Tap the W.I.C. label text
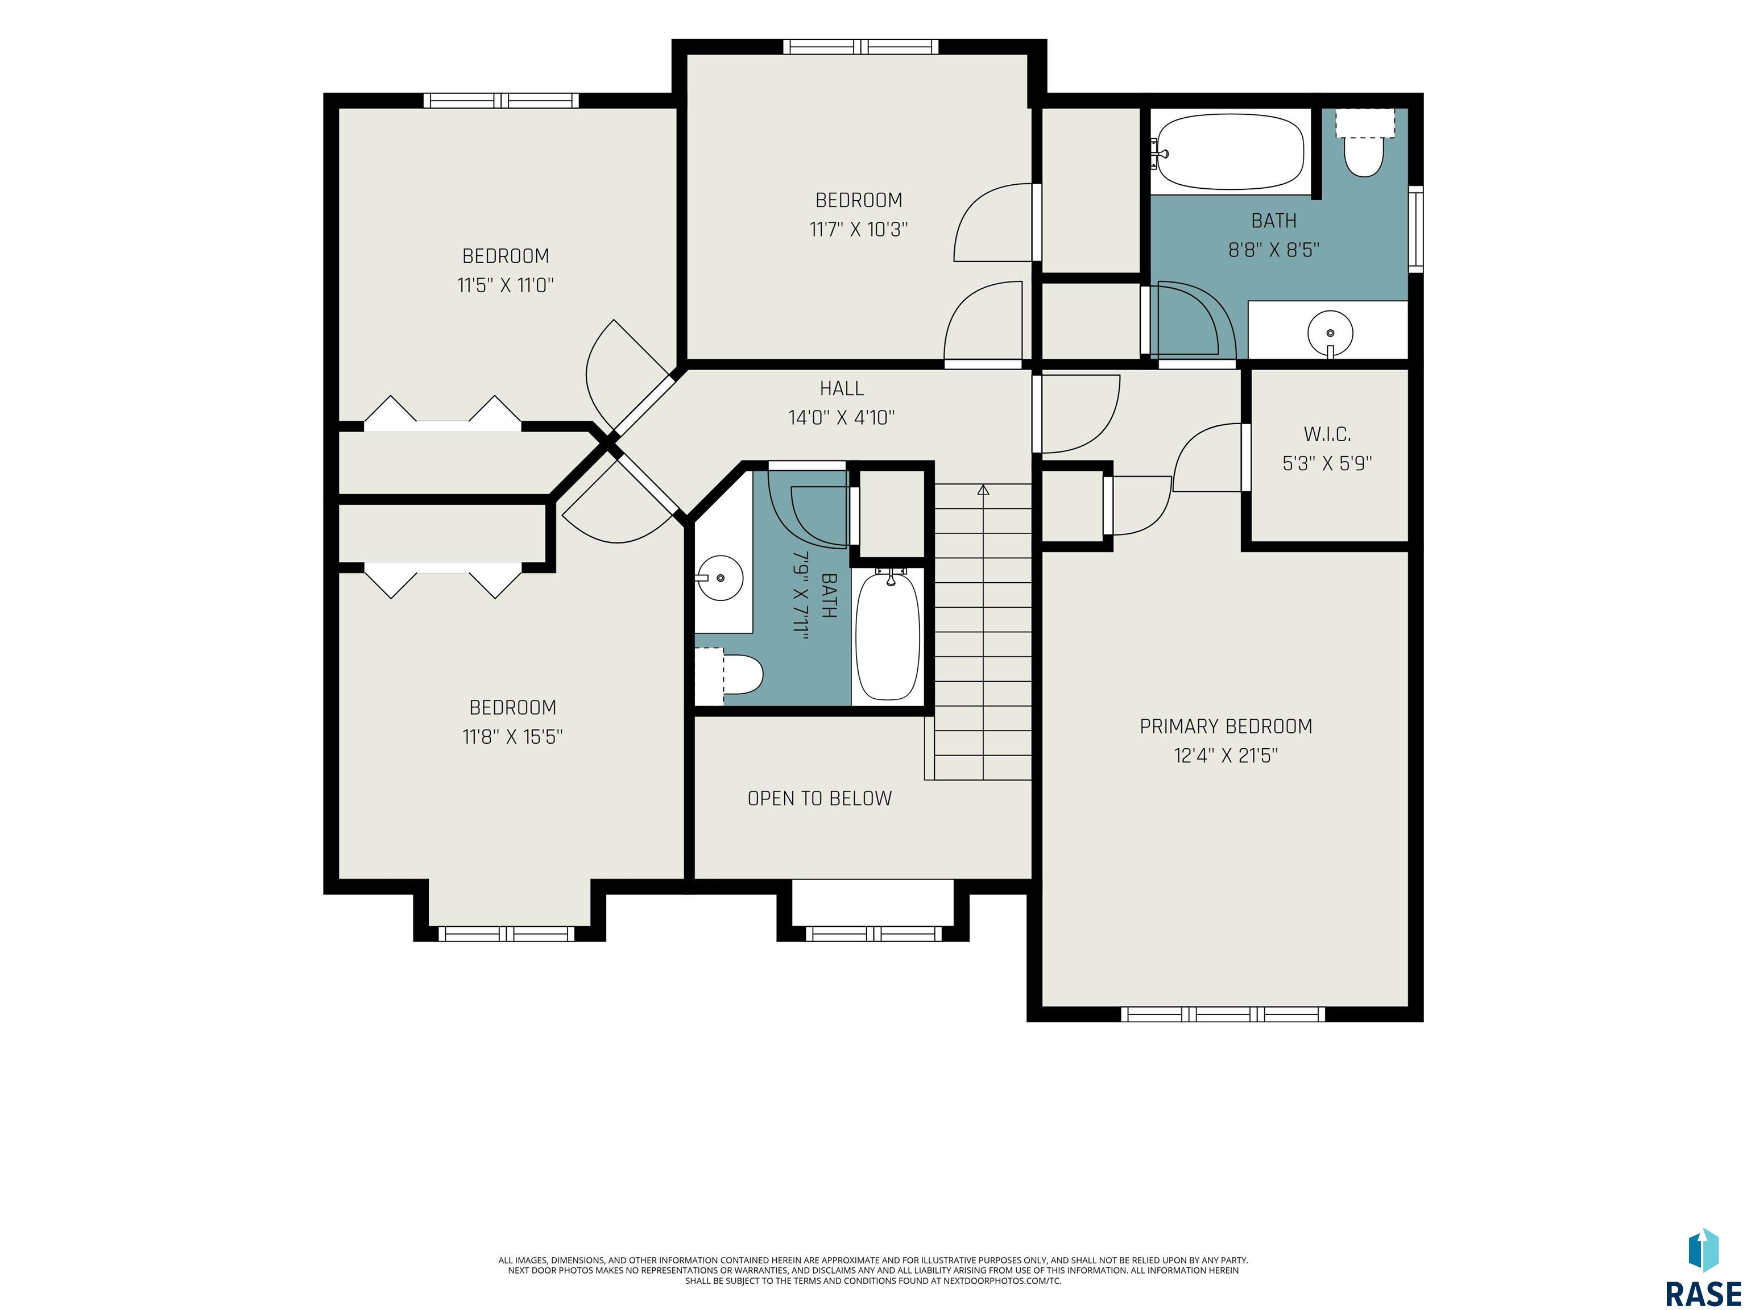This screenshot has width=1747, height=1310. [x=1327, y=434]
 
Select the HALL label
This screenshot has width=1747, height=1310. [x=842, y=388]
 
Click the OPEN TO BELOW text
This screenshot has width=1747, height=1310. [x=820, y=798]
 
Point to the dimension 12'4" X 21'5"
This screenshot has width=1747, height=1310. [x=1226, y=756]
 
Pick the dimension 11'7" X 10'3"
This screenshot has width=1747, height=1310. [x=859, y=230]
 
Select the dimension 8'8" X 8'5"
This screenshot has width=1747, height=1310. [x=1274, y=250]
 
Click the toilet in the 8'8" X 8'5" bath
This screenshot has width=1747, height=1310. [x=1365, y=144]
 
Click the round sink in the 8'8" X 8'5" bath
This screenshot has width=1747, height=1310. [x=1330, y=334]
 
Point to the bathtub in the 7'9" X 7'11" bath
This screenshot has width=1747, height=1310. [x=888, y=636]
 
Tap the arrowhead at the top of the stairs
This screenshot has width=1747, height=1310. [x=983, y=490]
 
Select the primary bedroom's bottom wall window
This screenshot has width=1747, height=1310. [x=1223, y=1014]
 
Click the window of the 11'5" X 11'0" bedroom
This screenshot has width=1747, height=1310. [x=502, y=100]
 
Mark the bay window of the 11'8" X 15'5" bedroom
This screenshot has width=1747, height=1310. [x=506, y=934]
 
